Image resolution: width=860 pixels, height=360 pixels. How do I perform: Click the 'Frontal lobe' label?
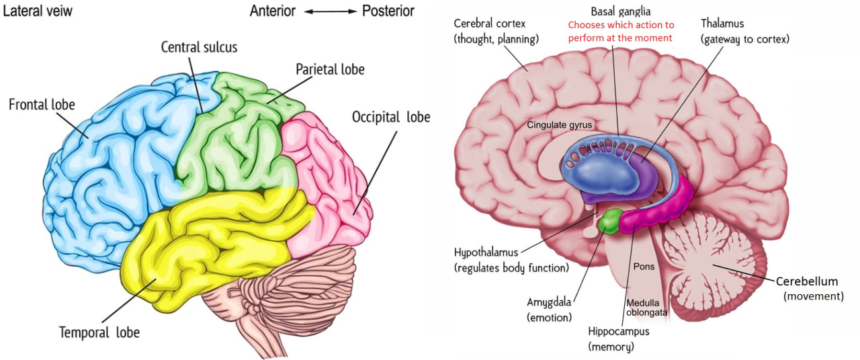pyautogui.click(x=42, y=104)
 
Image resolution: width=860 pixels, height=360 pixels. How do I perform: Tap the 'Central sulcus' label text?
pyautogui.click(x=199, y=47)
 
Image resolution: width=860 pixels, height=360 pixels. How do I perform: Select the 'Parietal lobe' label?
pyautogui.click(x=330, y=69)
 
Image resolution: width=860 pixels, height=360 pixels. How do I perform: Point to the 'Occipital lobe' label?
pyautogui.click(x=391, y=118)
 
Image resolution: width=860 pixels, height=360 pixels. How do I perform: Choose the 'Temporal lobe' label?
pyautogui.click(x=99, y=332)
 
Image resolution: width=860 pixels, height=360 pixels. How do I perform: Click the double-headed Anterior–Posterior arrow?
pyautogui.click(x=331, y=11)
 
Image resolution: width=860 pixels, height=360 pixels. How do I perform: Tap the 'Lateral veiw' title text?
pyautogui.click(x=38, y=11)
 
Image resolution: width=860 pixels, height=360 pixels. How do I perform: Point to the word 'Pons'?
pyautogui.click(x=644, y=267)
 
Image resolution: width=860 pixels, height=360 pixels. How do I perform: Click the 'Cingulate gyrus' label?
pyautogui.click(x=560, y=125)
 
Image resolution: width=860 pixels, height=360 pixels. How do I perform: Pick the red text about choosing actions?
pyautogui.click(x=621, y=32)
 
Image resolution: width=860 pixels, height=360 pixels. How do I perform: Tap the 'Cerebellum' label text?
pyautogui.click(x=807, y=281)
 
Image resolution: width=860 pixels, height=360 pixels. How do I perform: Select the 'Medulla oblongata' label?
pyautogui.click(x=646, y=308)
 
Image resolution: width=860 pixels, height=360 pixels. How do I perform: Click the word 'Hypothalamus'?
pyautogui.click(x=486, y=253)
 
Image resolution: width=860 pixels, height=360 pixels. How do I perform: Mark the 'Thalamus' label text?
pyautogui.click(x=722, y=24)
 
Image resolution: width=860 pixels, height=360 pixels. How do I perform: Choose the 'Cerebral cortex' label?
pyautogui.click(x=490, y=24)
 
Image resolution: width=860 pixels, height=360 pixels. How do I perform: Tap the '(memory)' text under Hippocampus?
pyautogui.click(x=611, y=347)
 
